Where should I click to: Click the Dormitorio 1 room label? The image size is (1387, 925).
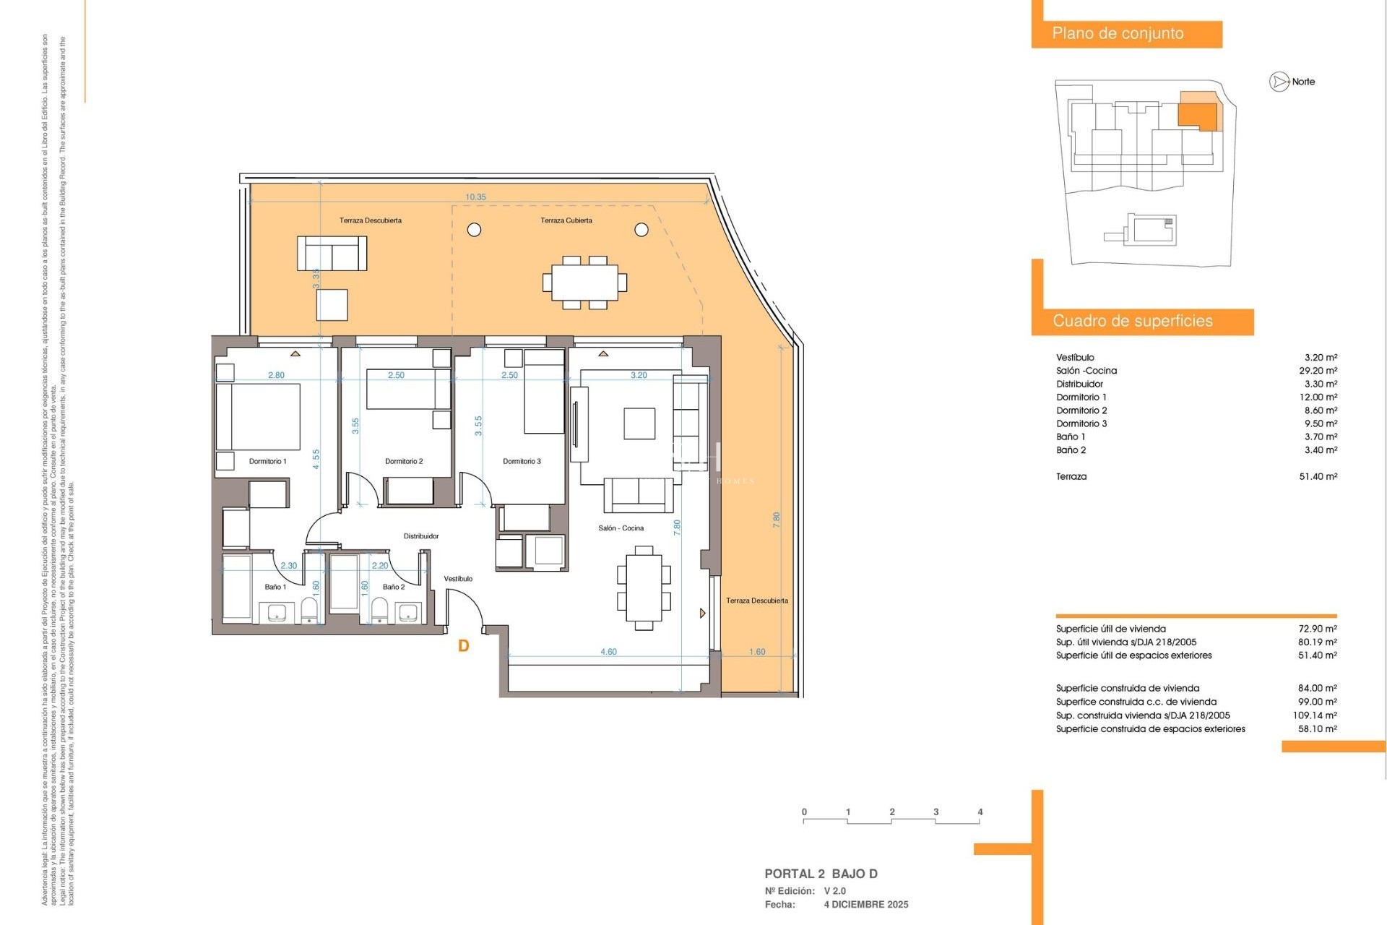267,461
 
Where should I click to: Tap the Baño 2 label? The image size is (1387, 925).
394,587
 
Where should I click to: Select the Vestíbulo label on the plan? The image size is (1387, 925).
458,579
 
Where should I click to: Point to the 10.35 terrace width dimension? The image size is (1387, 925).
475,197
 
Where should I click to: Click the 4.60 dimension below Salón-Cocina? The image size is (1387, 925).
608,652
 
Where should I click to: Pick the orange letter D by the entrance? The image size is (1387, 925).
464,646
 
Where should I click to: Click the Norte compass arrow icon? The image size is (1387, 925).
1279,82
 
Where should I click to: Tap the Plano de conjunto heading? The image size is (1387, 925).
1118,33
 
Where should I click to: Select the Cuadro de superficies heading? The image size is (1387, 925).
1132,321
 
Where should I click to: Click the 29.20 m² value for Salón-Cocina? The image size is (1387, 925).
1318,371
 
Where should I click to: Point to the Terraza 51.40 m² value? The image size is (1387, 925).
1318,476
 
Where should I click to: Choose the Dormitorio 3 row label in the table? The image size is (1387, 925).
1081,423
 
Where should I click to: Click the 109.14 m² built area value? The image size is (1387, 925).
1314,715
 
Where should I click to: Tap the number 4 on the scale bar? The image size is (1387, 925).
980,812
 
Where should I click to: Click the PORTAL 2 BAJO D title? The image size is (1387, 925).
821,874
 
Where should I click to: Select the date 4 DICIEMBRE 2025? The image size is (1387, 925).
866,904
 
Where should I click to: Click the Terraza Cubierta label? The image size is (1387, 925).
566,220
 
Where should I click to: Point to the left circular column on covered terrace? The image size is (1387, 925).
474,230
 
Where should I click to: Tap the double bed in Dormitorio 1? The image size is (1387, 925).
259,417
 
